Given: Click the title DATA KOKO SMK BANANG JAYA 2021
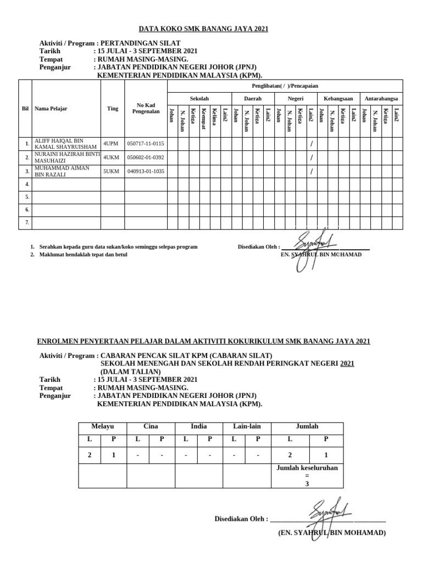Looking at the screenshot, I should pyautogui.click(x=203, y=29).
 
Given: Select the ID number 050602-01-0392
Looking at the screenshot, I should pyautogui.click(x=145, y=158).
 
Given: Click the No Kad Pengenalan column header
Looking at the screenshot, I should pyautogui.click(x=146, y=109).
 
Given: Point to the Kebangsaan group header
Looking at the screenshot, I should pyautogui.click(x=338, y=99).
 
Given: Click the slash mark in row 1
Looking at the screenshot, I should pyautogui.click(x=311, y=144).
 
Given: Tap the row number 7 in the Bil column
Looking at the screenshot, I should pyautogui.click(x=26, y=222).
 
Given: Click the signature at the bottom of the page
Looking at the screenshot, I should pyautogui.click(x=329, y=513).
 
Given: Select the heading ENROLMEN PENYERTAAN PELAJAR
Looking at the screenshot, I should pyautogui.click(x=203, y=341).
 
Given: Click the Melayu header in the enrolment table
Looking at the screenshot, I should pyautogui.click(x=102, y=426).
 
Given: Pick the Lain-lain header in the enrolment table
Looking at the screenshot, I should pyautogui.click(x=247, y=426).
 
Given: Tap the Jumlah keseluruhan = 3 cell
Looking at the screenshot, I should pyautogui.click(x=307, y=476).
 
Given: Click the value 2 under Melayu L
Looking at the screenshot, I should pyautogui.click(x=90, y=455).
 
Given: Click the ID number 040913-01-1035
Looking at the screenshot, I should pyautogui.click(x=145, y=171).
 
